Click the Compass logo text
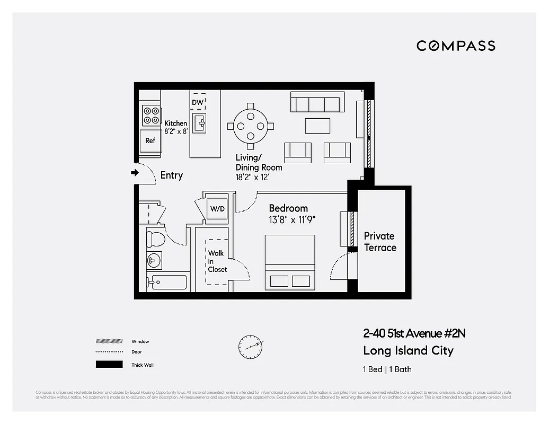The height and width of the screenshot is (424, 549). (456, 46)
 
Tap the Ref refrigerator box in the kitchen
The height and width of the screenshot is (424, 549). (150, 140)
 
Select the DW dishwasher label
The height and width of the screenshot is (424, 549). (198, 102)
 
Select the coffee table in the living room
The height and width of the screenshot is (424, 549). (317, 126)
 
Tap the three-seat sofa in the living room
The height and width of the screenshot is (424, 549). (317, 102)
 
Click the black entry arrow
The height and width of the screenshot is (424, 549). (134, 172)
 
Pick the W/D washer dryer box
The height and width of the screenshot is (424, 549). (217, 209)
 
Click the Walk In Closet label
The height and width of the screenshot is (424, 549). (217, 261)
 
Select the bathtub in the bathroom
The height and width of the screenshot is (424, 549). (169, 282)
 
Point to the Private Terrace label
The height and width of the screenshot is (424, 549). (379, 242)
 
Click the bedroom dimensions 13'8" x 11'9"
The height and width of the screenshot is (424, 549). (293, 220)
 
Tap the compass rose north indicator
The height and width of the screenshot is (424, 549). (251, 347)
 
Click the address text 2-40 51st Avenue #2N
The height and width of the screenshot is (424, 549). (414, 333)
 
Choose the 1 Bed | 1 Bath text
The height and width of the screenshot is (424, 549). (387, 369)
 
